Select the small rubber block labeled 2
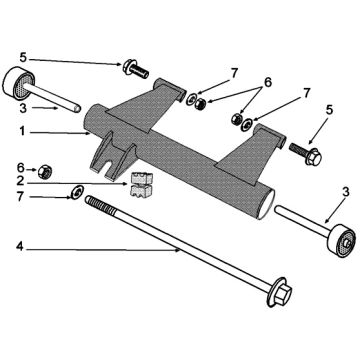coord(141,185)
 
